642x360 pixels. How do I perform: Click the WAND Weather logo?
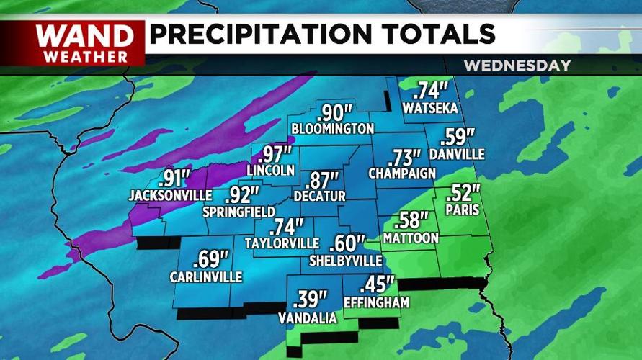(86, 43)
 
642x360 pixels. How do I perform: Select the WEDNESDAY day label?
(517, 66)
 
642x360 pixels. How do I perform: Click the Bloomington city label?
(333, 129)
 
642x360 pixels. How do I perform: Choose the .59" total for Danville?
(458, 137)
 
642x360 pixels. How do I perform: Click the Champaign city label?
(402, 174)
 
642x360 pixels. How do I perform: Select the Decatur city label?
(320, 196)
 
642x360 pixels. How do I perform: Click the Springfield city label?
(238, 212)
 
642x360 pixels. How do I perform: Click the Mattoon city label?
(411, 238)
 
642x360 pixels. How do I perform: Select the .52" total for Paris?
(463, 193)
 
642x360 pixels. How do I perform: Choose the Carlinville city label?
(206, 276)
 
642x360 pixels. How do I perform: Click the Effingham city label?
(377, 302)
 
